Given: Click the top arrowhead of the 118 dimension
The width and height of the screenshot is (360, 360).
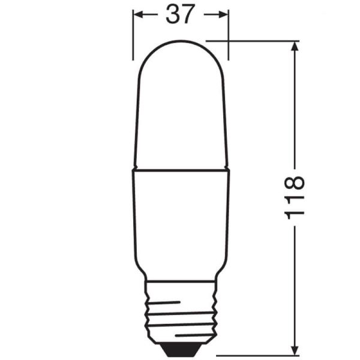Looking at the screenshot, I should [x=295, y=46].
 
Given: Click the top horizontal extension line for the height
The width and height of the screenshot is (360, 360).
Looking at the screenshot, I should [x=258, y=41].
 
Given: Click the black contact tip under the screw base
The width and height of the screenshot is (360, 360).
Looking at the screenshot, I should [x=181, y=346].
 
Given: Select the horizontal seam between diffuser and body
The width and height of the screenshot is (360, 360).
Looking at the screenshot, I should [x=181, y=169].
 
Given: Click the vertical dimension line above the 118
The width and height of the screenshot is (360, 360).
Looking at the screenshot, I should [x=295, y=108].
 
